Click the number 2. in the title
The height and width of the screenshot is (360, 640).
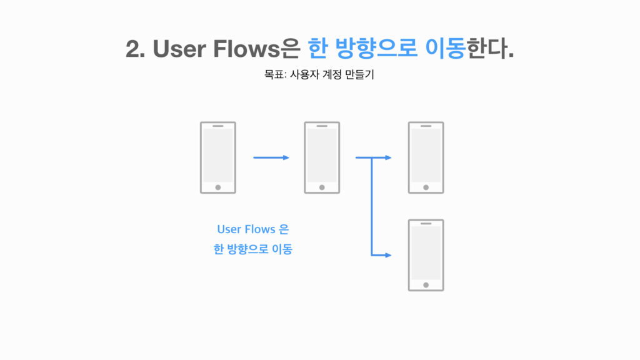point(136,49)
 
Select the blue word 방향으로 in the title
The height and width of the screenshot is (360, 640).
point(377,49)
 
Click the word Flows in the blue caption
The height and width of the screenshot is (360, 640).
point(260,229)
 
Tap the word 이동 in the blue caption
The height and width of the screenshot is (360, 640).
point(281,250)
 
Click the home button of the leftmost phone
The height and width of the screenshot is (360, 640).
point(217,187)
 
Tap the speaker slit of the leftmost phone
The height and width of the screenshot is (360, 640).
point(217,126)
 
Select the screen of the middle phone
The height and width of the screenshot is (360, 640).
point(322,156)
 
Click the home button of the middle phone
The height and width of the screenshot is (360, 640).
point(322,187)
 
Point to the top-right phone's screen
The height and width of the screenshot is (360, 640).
point(426,156)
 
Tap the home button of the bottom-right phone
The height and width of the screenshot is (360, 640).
point(426,284)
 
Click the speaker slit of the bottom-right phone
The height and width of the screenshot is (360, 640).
point(426,223)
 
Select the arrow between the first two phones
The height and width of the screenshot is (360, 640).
point(271,157)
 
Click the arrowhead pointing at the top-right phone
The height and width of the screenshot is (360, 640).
point(389,157)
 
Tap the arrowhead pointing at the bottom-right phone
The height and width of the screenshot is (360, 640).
point(389,255)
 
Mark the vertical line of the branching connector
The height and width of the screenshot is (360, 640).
point(372,206)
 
